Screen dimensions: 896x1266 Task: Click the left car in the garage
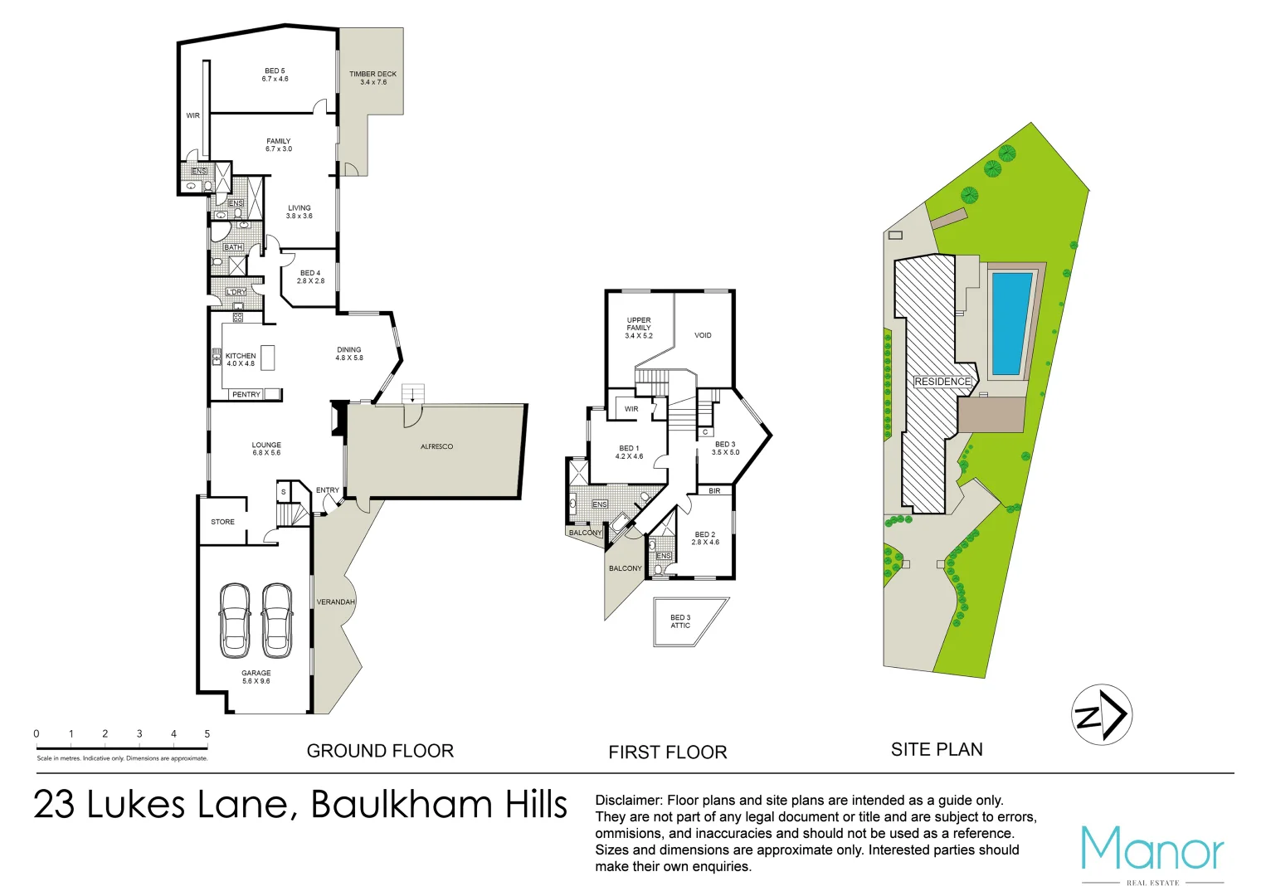235,619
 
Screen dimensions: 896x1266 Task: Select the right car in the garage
277,619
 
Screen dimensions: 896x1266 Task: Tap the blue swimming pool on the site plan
1010,324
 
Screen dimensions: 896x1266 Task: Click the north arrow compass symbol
1103,714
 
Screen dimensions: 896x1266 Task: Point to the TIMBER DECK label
372,78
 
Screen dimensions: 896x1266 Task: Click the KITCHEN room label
241,356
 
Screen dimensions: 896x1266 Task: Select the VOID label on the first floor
703,336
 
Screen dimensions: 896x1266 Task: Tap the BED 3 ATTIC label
680,621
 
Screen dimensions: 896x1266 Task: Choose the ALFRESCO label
436,447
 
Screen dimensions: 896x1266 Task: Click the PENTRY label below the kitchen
246,395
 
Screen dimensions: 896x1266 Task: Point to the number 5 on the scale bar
207,734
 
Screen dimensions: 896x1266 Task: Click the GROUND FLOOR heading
380,752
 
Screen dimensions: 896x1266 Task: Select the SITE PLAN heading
937,750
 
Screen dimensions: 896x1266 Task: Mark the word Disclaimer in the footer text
628,801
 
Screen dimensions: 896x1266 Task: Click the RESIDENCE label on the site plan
942,382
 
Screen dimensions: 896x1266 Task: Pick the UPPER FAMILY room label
639,328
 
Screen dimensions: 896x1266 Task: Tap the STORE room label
222,522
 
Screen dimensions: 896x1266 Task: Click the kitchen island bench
267,358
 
